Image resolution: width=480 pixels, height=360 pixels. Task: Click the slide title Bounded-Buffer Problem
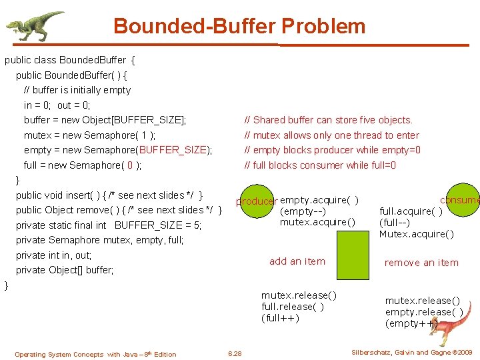click(239, 26)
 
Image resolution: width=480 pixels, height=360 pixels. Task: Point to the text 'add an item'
click(297, 261)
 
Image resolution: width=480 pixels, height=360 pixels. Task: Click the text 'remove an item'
click(421, 263)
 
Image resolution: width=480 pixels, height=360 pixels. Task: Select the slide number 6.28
click(235, 353)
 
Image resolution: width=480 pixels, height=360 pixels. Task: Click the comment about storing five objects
click(329, 120)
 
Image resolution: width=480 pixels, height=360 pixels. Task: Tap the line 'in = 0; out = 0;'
click(57, 105)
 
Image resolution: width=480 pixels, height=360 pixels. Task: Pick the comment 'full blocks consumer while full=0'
click(320, 165)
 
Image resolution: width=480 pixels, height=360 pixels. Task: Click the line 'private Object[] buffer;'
click(65, 270)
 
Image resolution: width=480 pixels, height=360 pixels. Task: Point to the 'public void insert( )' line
click(109, 195)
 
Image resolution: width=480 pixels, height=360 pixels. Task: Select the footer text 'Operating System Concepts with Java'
click(95, 354)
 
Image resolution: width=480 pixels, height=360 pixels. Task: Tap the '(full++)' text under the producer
click(280, 317)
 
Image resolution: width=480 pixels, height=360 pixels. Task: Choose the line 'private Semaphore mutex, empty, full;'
click(99, 240)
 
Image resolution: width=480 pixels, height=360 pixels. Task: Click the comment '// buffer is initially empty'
click(77, 90)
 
